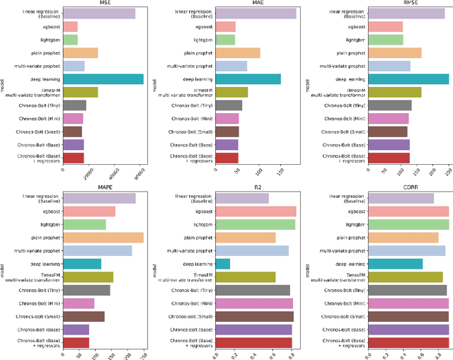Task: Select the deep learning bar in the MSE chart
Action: [x=103, y=79]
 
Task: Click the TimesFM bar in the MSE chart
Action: [x=80, y=92]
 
